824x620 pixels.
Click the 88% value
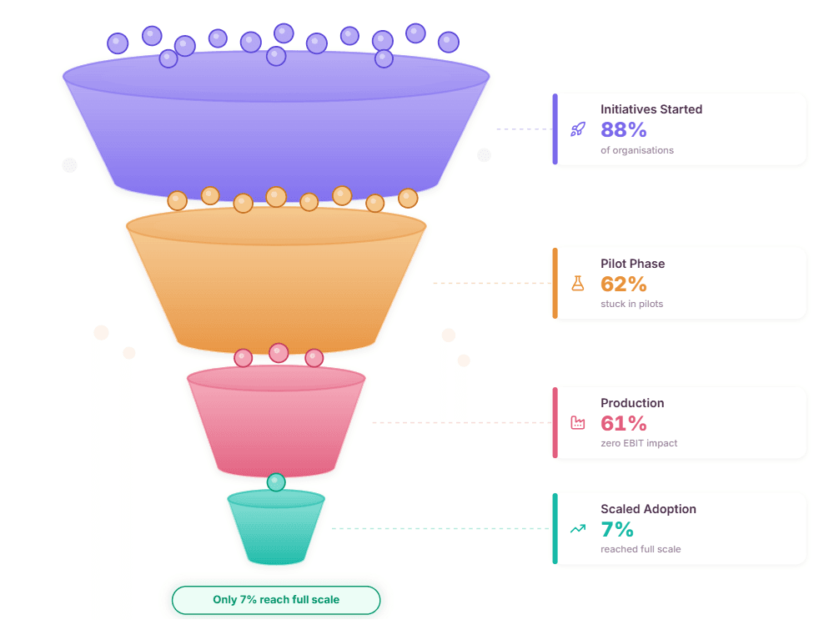(624, 129)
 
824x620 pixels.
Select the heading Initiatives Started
(651, 109)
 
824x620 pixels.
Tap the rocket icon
(578, 129)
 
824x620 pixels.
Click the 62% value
(624, 284)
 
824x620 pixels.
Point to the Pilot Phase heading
(633, 264)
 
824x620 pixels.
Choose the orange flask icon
(578, 284)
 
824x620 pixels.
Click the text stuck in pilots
(632, 304)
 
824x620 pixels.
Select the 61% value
(623, 423)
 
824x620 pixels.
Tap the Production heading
(632, 403)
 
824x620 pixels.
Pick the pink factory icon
(578, 423)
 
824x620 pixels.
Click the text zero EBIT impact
(639, 443)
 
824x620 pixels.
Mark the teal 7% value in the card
(617, 529)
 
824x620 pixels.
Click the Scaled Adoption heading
(648, 509)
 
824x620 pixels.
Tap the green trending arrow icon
(578, 529)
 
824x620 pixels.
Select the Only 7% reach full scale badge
(276, 600)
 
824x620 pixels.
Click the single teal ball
(276, 482)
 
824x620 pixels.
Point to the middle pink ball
(279, 353)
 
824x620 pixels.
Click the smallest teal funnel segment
(276, 529)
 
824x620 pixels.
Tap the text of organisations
(637, 150)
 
